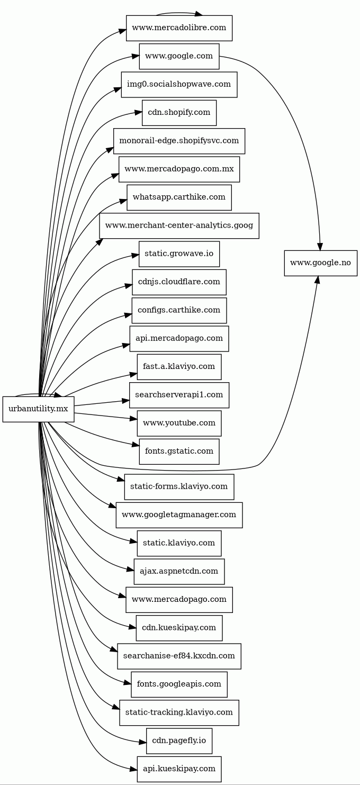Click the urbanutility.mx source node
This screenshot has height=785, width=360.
tap(38, 409)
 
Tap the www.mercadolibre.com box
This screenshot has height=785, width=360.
tap(179, 28)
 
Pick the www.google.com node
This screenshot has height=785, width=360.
tap(179, 56)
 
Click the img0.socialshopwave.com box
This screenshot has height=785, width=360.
tap(179, 85)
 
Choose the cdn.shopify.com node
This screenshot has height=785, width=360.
tap(179, 113)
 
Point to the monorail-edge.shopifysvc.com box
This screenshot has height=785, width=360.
tap(179, 141)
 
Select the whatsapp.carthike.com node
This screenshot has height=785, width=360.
tap(179, 197)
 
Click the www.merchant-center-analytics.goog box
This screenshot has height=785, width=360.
tap(179, 225)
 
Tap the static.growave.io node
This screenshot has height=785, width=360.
tap(179, 254)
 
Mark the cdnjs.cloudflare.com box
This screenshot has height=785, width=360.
tap(179, 282)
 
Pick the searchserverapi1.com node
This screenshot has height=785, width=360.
tap(179, 395)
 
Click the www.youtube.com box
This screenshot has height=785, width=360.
tap(179, 423)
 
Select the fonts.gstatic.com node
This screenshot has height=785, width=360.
tap(179, 452)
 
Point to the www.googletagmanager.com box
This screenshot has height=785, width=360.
tap(179, 515)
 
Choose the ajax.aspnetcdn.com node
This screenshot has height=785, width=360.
tap(179, 571)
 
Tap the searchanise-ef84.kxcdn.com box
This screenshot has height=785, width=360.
tap(179, 656)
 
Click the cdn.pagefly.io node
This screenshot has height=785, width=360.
tap(179, 741)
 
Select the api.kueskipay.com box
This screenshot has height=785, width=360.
tap(179, 769)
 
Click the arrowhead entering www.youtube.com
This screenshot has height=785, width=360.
tap(133, 420)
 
